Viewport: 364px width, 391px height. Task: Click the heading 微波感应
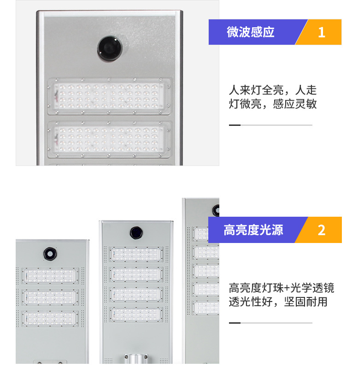tap(250, 32)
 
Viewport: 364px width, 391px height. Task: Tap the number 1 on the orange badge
tap(322, 32)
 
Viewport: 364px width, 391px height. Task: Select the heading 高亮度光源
tap(253, 230)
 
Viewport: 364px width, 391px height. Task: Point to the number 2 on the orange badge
tap(322, 230)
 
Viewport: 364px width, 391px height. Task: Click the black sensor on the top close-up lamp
tap(110, 48)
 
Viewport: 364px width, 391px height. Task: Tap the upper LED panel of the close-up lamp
tap(109, 96)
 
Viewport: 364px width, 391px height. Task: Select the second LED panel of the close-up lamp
tap(109, 139)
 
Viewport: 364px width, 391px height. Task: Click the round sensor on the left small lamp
tap(50, 254)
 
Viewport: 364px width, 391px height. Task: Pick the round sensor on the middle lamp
tap(136, 233)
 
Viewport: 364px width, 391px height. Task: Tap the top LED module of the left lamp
tap(50, 276)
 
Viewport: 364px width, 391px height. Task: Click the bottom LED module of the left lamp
tap(50, 319)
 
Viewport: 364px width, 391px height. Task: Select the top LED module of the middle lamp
tap(136, 254)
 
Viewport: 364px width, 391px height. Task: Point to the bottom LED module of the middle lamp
tap(136, 314)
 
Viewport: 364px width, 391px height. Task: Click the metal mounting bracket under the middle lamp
tap(136, 359)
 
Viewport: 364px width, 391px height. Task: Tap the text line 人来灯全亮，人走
tap(273, 90)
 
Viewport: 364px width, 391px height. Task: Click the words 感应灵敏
tap(295, 104)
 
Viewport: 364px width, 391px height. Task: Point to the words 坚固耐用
tap(305, 302)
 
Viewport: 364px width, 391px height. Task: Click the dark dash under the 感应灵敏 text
tap(235, 125)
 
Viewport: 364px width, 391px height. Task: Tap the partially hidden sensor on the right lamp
tap(216, 210)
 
